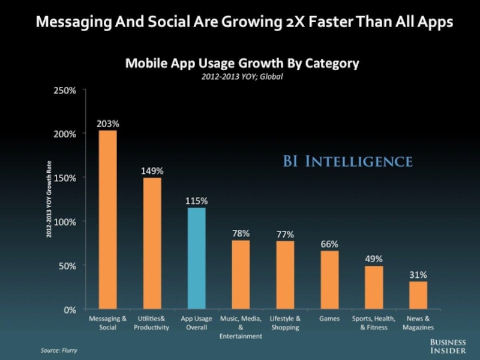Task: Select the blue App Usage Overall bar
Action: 196,259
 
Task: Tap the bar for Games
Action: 329,280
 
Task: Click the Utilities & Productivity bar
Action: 152,244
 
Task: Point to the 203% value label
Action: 108,124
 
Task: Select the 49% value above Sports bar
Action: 374,259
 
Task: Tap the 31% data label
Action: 418,275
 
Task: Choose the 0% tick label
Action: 70,310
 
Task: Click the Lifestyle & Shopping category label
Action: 285,323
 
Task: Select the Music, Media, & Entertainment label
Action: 241,328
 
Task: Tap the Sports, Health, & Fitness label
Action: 374,323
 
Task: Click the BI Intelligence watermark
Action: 347,161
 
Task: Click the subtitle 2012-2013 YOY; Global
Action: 241,76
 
